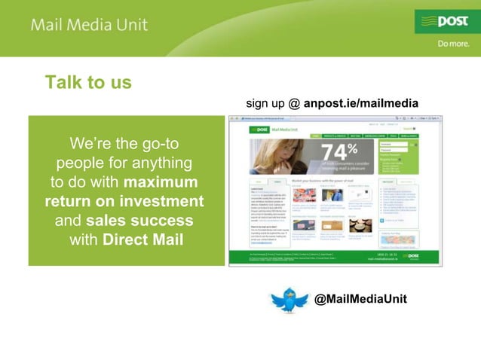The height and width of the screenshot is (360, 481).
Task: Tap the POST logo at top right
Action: pyautogui.click(x=446, y=21)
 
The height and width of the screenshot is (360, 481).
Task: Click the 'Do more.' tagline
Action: pyautogui.click(x=455, y=44)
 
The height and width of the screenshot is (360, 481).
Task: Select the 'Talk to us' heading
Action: pyautogui.click(x=88, y=82)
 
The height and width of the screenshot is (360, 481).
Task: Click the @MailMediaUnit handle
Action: pyautogui.click(x=360, y=299)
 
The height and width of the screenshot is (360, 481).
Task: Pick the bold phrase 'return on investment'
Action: pyautogui.click(x=124, y=202)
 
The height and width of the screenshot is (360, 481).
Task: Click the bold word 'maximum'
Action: pyautogui.click(x=161, y=182)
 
